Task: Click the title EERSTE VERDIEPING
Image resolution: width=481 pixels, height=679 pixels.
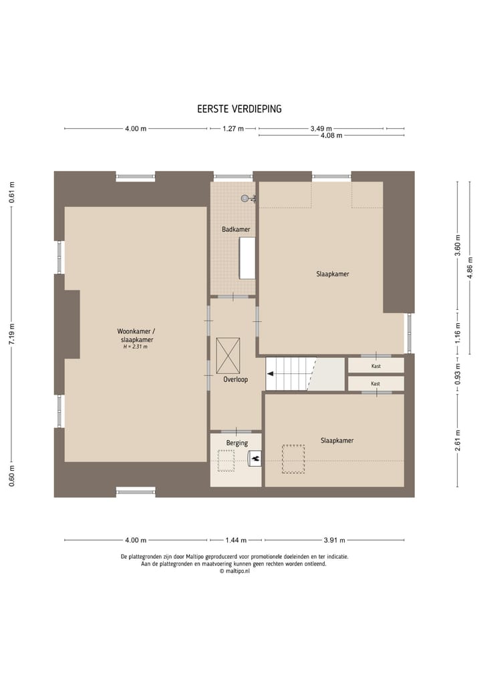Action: (x=238, y=109)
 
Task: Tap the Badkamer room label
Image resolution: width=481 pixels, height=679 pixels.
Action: (x=236, y=230)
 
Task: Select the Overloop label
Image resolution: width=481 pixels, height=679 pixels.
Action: (x=235, y=380)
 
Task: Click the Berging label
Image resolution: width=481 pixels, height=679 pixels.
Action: (x=236, y=443)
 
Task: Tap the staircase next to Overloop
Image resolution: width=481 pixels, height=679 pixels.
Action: (x=291, y=374)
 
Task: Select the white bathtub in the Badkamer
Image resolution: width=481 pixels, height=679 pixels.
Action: (x=247, y=258)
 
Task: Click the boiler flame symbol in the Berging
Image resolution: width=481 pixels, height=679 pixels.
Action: (x=255, y=458)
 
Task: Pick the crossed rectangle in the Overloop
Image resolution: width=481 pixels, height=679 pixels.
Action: (x=228, y=356)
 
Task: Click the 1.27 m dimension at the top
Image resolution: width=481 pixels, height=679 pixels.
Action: (x=233, y=129)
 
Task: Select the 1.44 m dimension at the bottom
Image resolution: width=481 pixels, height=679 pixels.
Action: (x=236, y=540)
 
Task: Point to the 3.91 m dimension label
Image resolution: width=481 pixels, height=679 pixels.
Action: (x=335, y=540)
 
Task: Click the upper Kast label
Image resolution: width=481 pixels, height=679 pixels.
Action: (x=375, y=366)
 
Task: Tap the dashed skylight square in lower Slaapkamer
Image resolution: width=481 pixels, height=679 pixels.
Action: (x=293, y=459)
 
